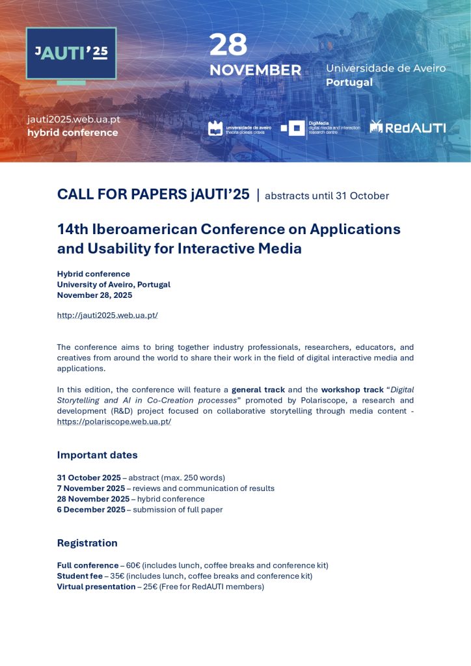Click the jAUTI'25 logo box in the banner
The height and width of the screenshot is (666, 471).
tap(71, 53)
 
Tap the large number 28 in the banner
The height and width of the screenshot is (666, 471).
tap(228, 46)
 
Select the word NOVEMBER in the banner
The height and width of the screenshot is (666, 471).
tap(255, 70)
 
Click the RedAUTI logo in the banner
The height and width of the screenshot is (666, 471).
tap(407, 127)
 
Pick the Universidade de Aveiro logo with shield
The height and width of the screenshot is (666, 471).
tap(239, 127)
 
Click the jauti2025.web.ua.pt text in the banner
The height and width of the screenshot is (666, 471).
tap(74, 120)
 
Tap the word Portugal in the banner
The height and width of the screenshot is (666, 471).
tap(349, 83)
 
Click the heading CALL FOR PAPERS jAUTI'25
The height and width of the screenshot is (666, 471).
tap(153, 194)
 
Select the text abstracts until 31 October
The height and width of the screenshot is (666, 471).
tap(327, 196)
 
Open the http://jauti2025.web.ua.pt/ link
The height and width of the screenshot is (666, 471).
tap(107, 315)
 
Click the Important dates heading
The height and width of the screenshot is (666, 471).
tap(97, 455)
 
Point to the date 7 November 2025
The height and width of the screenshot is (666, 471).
tap(91, 488)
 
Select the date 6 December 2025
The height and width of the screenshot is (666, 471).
tap(91, 510)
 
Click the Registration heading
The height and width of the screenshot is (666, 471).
tap(87, 543)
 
